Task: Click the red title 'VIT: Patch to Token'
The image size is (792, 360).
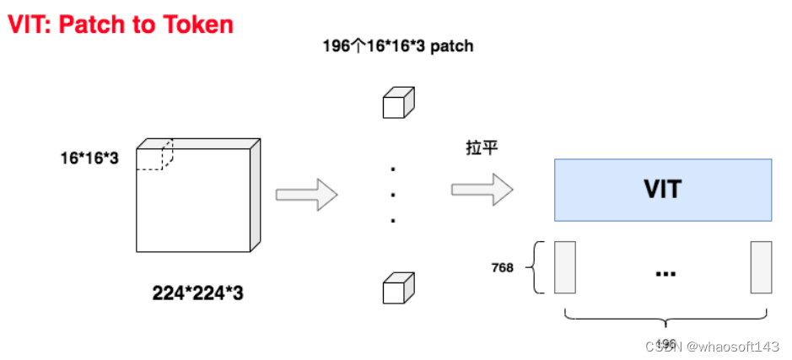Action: coord(120,24)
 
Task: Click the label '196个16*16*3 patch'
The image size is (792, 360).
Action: coord(397,46)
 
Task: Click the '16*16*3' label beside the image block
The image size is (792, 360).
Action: coord(89,158)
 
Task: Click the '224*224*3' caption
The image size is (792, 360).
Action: coord(197,293)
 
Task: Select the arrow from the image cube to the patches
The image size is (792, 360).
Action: coord(306,194)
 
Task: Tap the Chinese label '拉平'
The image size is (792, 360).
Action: coord(482,148)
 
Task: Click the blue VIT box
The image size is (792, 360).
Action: coord(662,189)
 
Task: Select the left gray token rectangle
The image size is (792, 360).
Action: coord(564,267)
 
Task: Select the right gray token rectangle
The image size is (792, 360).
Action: coord(761,267)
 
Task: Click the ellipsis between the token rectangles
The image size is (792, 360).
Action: coord(663,272)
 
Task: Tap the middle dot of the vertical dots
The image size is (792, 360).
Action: coord(393,195)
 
